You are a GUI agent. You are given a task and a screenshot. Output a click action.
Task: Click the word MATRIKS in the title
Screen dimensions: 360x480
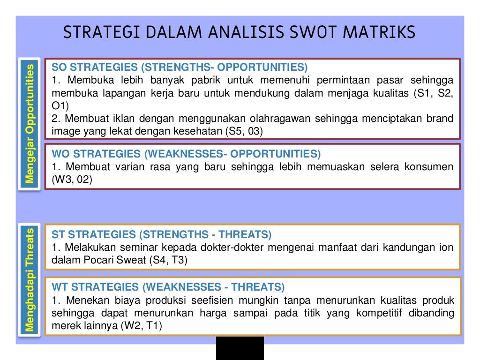tap(380, 33)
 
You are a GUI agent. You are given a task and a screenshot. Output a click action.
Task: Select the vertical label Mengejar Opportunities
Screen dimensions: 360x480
tap(30, 124)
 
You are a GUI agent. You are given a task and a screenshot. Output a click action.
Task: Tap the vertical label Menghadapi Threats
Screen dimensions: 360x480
tap(30, 280)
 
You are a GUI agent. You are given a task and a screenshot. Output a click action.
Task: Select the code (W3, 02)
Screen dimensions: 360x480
tap(72, 180)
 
